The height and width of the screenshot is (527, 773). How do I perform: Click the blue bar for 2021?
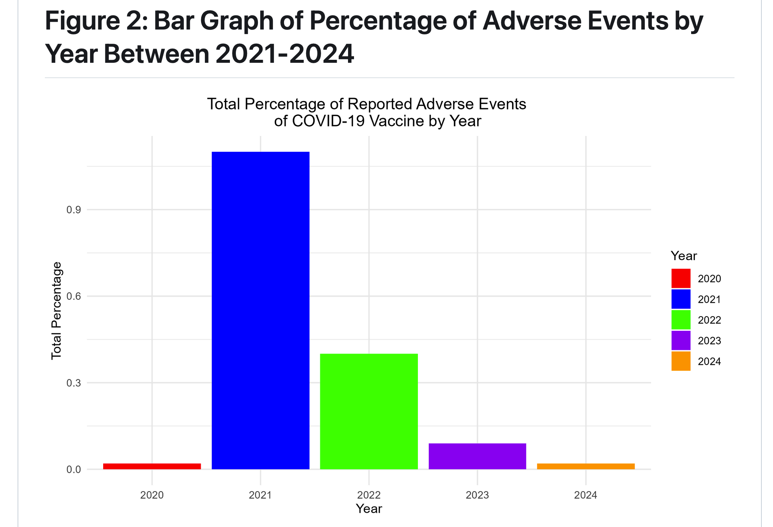261,310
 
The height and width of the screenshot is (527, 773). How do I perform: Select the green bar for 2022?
369,411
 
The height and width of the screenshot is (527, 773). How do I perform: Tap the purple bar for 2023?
477,456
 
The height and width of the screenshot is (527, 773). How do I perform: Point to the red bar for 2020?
152,466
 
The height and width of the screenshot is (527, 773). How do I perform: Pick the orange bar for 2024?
586,466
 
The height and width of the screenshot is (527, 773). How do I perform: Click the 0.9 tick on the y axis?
74,210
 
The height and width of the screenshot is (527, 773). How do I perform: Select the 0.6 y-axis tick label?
74,296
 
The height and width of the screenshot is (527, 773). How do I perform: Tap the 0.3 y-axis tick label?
74,383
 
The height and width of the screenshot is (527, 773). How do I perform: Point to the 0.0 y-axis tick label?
74,469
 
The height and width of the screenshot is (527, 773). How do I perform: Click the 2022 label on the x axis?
369,495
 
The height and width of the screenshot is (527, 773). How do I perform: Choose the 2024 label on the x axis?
586,495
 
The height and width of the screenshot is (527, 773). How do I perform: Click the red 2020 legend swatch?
681,278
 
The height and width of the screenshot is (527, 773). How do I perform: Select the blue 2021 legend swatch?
681,299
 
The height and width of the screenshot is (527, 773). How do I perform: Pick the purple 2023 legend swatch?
681,340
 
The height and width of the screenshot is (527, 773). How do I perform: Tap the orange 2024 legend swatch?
681,361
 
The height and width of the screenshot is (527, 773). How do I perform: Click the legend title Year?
684,256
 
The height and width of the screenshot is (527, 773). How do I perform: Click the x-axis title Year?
369,509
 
